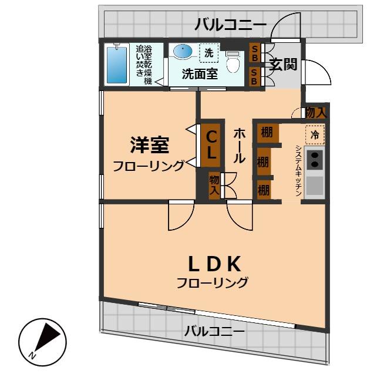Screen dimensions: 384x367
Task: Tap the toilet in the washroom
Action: point(233,61)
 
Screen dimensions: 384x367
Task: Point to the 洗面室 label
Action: point(200,74)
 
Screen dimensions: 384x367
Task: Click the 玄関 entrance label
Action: point(283,64)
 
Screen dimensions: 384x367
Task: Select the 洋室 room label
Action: point(149,144)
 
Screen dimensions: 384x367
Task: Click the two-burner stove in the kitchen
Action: point(314,159)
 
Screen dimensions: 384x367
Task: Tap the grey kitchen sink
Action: point(314,186)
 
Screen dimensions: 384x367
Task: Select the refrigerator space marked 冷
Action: point(315,134)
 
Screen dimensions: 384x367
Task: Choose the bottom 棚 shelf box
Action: point(264,189)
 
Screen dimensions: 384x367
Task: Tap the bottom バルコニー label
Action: point(214,331)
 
